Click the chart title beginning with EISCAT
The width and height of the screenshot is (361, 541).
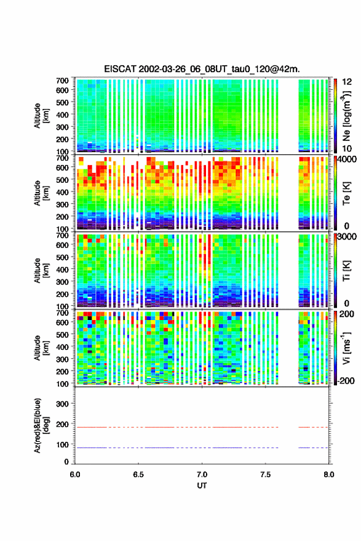tap(202, 69)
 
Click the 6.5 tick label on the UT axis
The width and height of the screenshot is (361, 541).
tap(138, 475)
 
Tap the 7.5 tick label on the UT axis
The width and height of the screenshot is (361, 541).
tap(265, 475)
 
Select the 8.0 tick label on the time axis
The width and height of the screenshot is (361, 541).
tap(329, 475)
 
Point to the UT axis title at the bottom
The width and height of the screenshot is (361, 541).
tap(202, 486)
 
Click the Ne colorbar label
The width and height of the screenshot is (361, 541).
tap(346, 116)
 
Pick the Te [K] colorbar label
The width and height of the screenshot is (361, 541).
tap(346, 193)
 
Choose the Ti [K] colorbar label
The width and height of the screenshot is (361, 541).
tap(346, 271)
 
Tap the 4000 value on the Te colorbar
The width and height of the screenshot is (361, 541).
tap(347, 160)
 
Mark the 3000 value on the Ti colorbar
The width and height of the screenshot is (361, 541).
tap(347, 237)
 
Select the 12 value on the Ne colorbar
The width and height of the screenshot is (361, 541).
tap(347, 82)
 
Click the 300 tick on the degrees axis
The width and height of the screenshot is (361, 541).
tap(62, 404)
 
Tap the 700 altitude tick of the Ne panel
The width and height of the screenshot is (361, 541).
tap(62, 81)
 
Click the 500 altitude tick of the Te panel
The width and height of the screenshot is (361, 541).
tap(62, 180)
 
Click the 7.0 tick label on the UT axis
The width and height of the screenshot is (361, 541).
tap(202, 475)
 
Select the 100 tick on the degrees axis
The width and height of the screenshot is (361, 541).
tap(62, 445)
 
